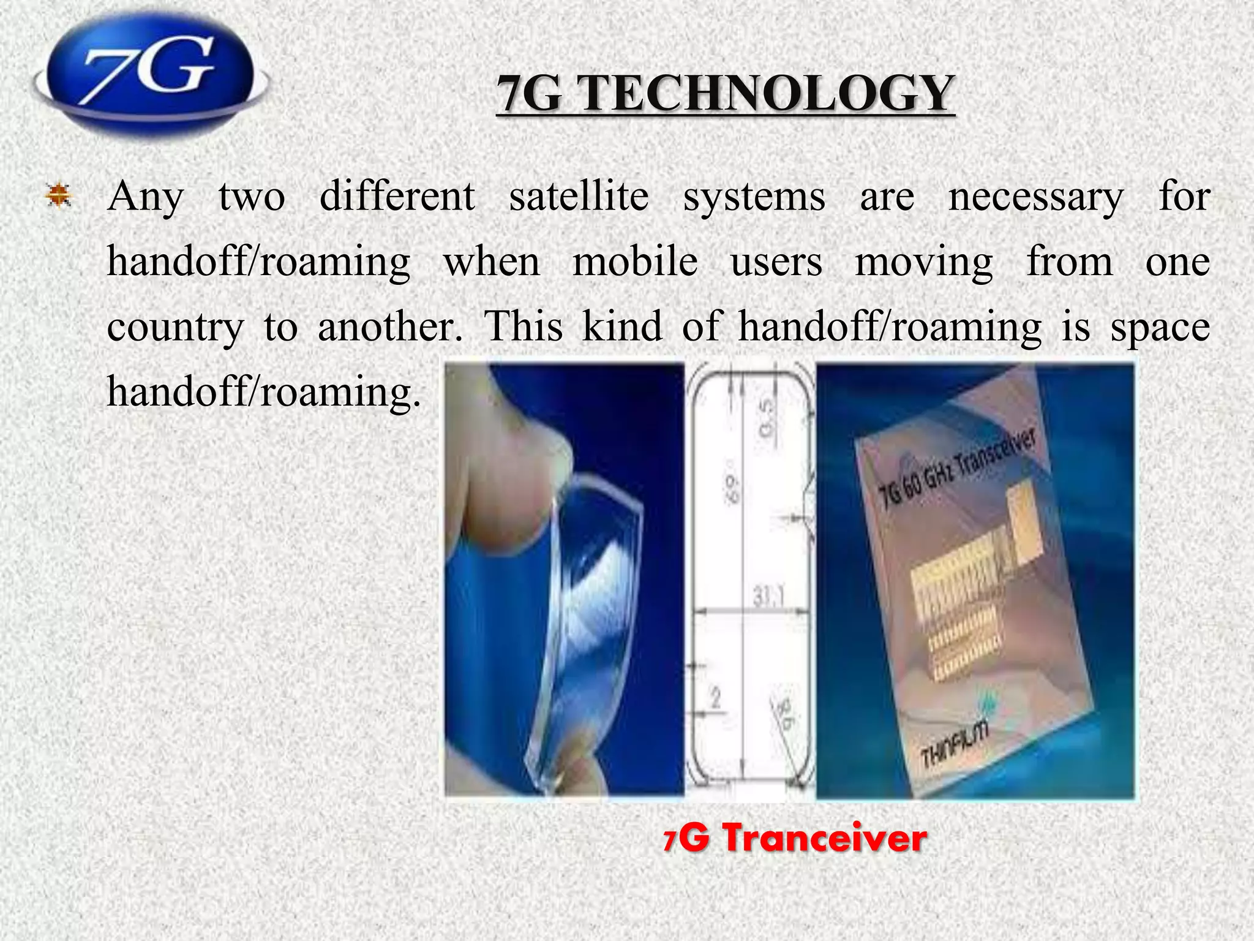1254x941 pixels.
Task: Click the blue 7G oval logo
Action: [150, 74]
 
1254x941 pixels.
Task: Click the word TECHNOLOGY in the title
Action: [767, 93]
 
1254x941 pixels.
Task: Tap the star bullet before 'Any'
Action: [59, 197]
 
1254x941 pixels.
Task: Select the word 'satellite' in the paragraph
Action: [579, 197]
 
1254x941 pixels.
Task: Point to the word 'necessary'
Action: [1036, 198]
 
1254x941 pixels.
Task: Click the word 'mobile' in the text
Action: [635, 262]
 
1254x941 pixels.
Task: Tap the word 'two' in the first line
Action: [252, 197]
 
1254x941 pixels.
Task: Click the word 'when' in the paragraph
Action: [492, 262]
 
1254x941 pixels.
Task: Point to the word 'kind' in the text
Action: [621, 326]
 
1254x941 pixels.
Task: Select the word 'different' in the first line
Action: [397, 197]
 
